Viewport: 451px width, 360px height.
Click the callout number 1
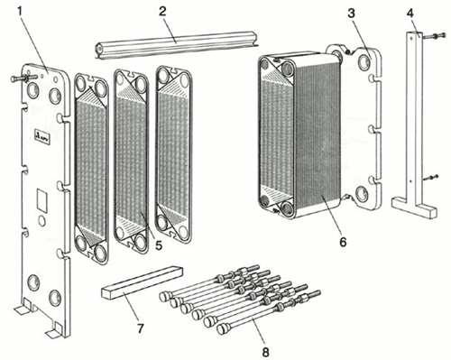(x=20, y=11)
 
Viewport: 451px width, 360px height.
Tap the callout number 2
(x=162, y=12)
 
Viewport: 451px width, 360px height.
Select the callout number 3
(x=351, y=14)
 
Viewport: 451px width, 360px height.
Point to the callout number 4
(x=410, y=14)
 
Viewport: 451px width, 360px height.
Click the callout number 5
(x=159, y=245)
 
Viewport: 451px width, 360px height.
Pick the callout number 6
(x=343, y=242)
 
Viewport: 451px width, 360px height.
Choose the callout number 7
(x=141, y=328)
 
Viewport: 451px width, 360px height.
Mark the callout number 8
(x=265, y=352)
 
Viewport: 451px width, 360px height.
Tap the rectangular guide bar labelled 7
(x=143, y=282)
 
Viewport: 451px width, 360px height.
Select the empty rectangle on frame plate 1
(x=42, y=200)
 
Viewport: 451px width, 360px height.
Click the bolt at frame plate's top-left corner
(x=23, y=78)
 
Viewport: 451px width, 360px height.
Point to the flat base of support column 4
(x=415, y=207)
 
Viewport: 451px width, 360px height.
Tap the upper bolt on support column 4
(x=434, y=36)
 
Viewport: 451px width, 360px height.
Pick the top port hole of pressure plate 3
(x=364, y=62)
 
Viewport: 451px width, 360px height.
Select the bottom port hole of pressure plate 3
(x=362, y=194)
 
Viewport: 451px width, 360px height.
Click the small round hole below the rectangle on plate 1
(x=42, y=221)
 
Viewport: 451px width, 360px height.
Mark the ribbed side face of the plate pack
(x=318, y=135)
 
